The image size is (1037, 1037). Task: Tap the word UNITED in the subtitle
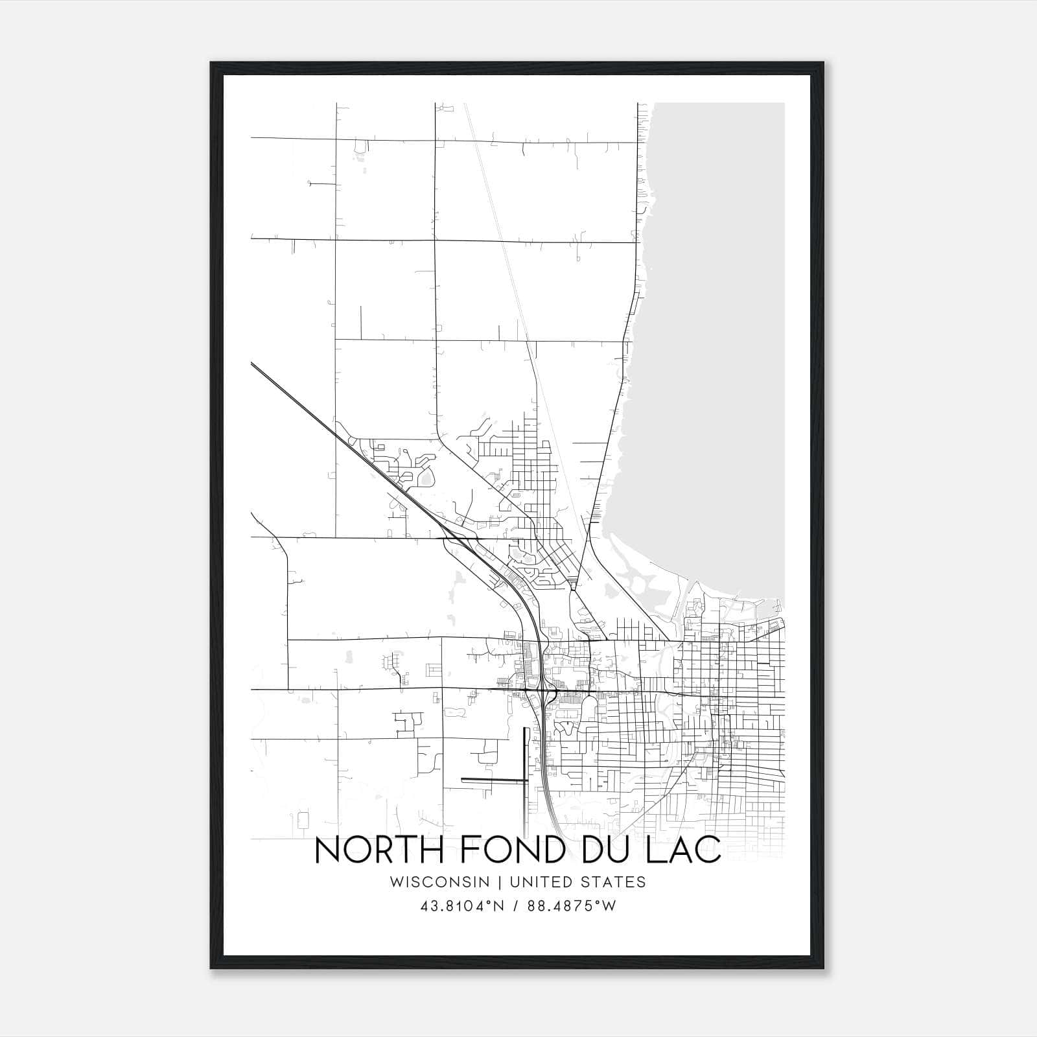pos(539,882)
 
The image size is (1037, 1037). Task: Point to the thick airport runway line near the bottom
pos(493,779)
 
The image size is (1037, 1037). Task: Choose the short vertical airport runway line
pos(524,755)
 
